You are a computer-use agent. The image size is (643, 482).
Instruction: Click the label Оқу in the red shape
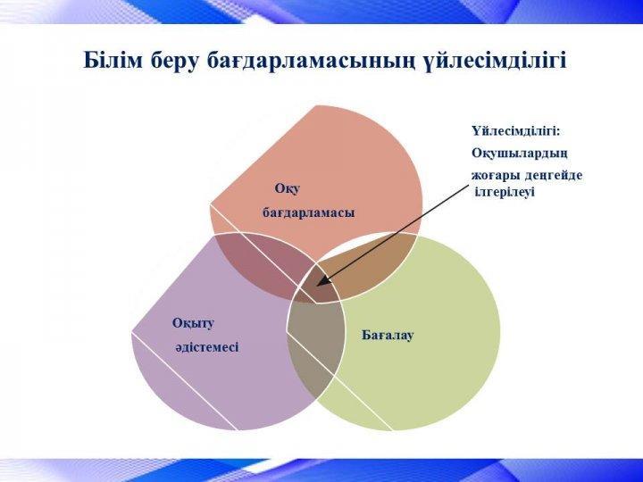(288, 189)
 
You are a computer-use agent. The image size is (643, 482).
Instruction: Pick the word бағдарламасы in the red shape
(308, 213)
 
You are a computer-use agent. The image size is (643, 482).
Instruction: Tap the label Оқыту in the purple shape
(193, 324)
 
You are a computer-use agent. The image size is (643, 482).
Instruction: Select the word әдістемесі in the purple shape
(207, 347)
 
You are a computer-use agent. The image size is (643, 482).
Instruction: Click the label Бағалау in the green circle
(388, 336)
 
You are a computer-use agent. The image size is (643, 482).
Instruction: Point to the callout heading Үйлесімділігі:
(515, 131)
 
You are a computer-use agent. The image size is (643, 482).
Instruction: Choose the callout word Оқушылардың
(520, 154)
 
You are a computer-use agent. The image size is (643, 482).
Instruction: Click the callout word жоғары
(495, 176)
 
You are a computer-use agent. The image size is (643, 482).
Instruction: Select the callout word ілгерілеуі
(505, 192)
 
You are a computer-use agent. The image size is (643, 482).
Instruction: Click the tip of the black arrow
(318, 285)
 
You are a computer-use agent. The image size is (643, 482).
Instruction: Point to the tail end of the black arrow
(468, 186)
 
